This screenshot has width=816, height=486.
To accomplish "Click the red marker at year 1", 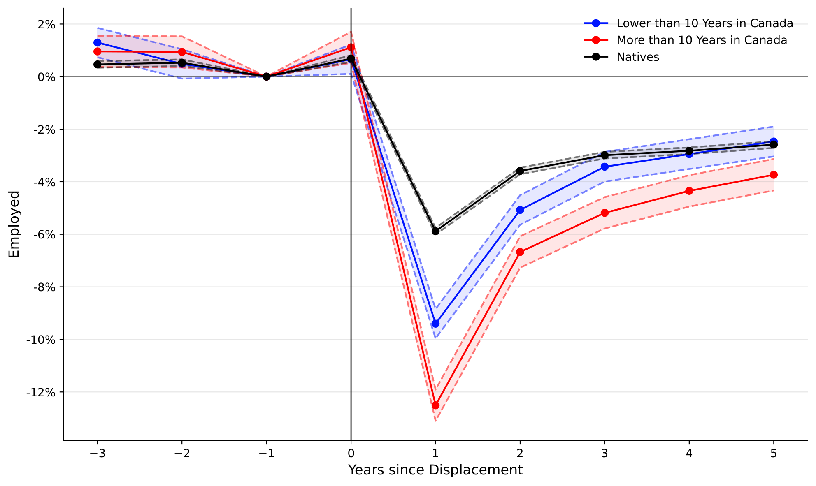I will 435,405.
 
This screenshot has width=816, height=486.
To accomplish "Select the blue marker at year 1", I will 435,324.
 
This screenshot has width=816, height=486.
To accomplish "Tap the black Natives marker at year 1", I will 435,231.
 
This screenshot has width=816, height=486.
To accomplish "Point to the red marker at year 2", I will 520,252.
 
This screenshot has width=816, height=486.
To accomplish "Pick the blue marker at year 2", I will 520,210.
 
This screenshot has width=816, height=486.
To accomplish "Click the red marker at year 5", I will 774,175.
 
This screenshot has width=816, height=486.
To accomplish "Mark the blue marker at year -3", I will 98,43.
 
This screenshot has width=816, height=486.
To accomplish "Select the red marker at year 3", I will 604,213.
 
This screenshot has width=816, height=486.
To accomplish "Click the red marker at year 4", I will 689,191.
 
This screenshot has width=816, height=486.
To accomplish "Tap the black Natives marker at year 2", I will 520,171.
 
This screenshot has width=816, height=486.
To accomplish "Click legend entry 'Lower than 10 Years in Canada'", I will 704,23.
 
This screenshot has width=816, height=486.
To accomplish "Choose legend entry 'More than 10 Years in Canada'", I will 702,40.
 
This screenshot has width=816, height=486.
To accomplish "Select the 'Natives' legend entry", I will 637,57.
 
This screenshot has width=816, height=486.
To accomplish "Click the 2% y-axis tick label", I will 46,24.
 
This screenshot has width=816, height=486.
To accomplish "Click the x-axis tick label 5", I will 774,454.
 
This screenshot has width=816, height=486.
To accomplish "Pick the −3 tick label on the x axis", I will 98,454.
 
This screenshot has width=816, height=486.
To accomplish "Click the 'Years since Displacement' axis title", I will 435,470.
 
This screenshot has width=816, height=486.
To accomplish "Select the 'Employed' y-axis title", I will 14,224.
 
